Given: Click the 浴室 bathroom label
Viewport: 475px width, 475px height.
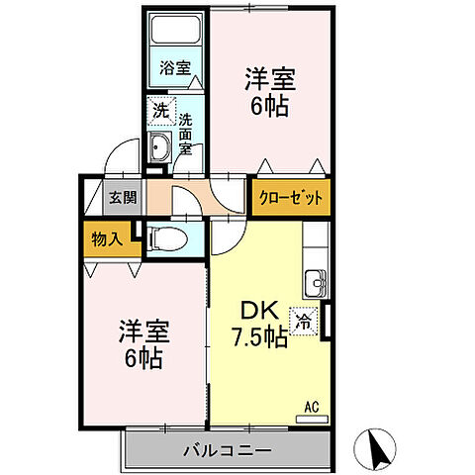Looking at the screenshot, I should tap(175, 71).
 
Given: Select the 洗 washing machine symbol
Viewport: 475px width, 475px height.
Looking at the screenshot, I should tap(158, 112).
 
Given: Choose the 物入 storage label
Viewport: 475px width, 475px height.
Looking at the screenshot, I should tap(108, 237).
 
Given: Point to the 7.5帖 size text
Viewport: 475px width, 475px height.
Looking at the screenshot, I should tap(260, 338).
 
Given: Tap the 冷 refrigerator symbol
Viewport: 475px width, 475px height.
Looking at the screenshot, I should tap(303, 320).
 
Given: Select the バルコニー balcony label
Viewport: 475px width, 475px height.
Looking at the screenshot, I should tap(227, 451).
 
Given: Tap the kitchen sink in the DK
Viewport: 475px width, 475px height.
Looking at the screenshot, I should tap(317, 281).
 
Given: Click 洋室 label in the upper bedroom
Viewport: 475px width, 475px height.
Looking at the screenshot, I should tap(266, 77).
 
